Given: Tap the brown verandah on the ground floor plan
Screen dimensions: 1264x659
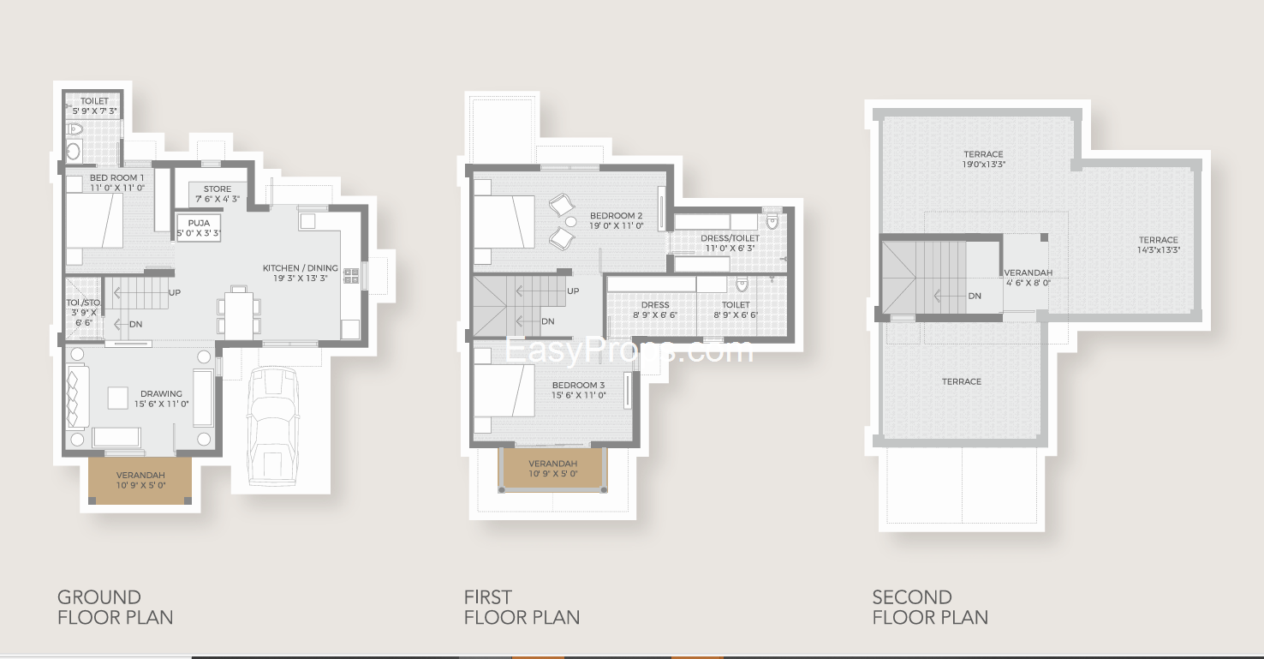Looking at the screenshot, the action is (140, 479).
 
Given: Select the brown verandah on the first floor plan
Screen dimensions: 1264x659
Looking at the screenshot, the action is (553, 468).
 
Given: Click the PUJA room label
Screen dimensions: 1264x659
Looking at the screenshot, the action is (199, 228).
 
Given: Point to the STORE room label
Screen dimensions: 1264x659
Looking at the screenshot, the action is (218, 194).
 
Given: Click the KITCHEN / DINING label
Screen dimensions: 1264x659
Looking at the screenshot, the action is (301, 273).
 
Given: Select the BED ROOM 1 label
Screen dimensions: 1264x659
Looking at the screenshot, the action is (116, 183).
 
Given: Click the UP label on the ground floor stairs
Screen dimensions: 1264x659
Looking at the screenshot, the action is (175, 292).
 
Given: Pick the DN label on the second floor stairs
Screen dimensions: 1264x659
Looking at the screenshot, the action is (975, 296).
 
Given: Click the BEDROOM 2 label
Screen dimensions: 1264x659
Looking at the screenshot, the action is (617, 220).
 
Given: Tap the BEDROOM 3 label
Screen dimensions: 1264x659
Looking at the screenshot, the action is (578, 390).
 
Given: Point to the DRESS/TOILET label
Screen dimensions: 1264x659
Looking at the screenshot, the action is (730, 243).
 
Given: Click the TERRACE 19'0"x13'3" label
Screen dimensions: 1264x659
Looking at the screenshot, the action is (984, 159).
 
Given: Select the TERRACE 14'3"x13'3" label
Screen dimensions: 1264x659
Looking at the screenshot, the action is (1159, 244).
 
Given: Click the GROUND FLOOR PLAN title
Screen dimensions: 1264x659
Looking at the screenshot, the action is (115, 607).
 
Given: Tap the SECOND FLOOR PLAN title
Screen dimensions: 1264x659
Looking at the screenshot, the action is (930, 607).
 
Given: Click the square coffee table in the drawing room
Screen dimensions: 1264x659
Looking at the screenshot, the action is (117, 398).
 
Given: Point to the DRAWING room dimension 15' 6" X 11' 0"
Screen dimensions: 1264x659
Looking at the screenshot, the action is (161, 404).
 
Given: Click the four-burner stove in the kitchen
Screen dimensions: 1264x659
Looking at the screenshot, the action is (351, 276).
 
